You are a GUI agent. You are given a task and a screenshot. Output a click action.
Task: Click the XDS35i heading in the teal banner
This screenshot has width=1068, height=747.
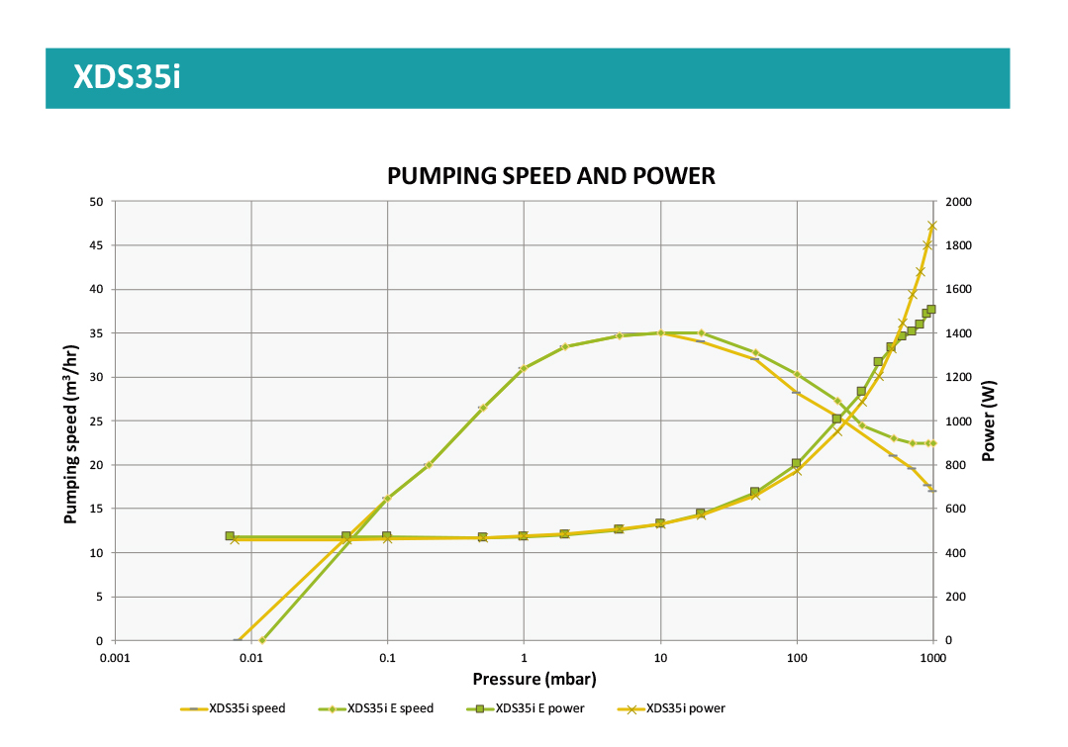pyautogui.click(x=127, y=77)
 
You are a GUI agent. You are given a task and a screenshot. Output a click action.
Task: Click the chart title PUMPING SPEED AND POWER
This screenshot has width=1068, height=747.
pyautogui.click(x=550, y=176)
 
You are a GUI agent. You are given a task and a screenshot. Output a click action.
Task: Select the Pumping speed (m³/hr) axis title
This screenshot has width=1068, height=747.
pyautogui.click(x=71, y=433)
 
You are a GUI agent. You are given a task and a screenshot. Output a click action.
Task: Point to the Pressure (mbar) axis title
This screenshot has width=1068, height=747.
pyautogui.click(x=534, y=679)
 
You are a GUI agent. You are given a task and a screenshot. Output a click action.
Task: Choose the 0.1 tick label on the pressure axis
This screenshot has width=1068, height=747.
pyautogui.click(x=388, y=658)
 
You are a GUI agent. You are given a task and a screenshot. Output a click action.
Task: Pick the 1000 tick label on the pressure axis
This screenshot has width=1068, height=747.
pyautogui.click(x=932, y=658)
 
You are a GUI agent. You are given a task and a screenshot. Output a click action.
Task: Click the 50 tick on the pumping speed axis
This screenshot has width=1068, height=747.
pyautogui.click(x=96, y=202)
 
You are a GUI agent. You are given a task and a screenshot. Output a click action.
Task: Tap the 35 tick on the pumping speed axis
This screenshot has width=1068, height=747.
pyautogui.click(x=96, y=333)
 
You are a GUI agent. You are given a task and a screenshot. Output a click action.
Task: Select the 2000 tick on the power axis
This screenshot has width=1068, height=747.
pyautogui.click(x=960, y=202)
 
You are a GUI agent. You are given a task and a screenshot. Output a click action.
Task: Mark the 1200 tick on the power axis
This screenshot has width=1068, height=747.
pyautogui.click(x=960, y=377)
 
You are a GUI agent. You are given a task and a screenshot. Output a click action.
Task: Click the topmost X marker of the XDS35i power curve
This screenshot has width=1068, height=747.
pyautogui.click(x=932, y=227)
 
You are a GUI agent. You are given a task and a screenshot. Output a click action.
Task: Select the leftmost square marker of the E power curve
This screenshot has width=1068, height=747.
pyautogui.click(x=230, y=536)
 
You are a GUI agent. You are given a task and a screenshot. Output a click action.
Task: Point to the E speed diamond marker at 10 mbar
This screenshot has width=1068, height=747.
pyautogui.click(x=660, y=332)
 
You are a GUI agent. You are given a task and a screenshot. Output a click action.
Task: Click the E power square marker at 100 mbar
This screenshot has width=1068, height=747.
pyautogui.click(x=796, y=463)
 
